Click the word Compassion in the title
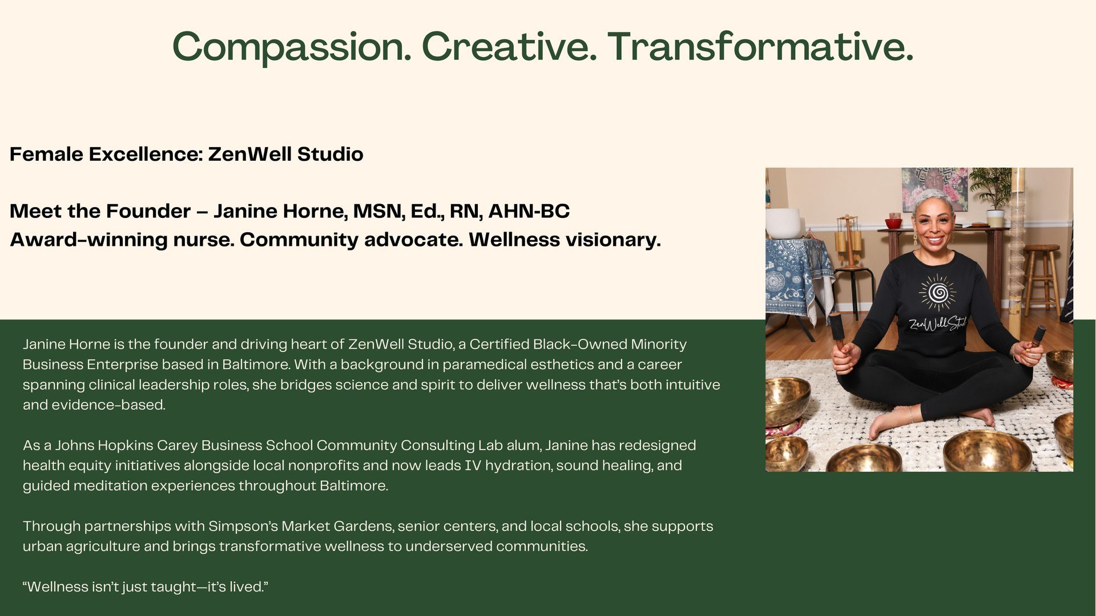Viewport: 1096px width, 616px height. click(x=291, y=47)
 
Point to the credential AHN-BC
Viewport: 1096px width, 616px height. click(x=529, y=211)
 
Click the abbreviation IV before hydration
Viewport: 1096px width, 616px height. click(x=472, y=465)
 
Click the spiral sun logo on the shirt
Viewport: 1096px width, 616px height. click(x=937, y=293)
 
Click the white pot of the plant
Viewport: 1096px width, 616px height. click(x=995, y=217)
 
